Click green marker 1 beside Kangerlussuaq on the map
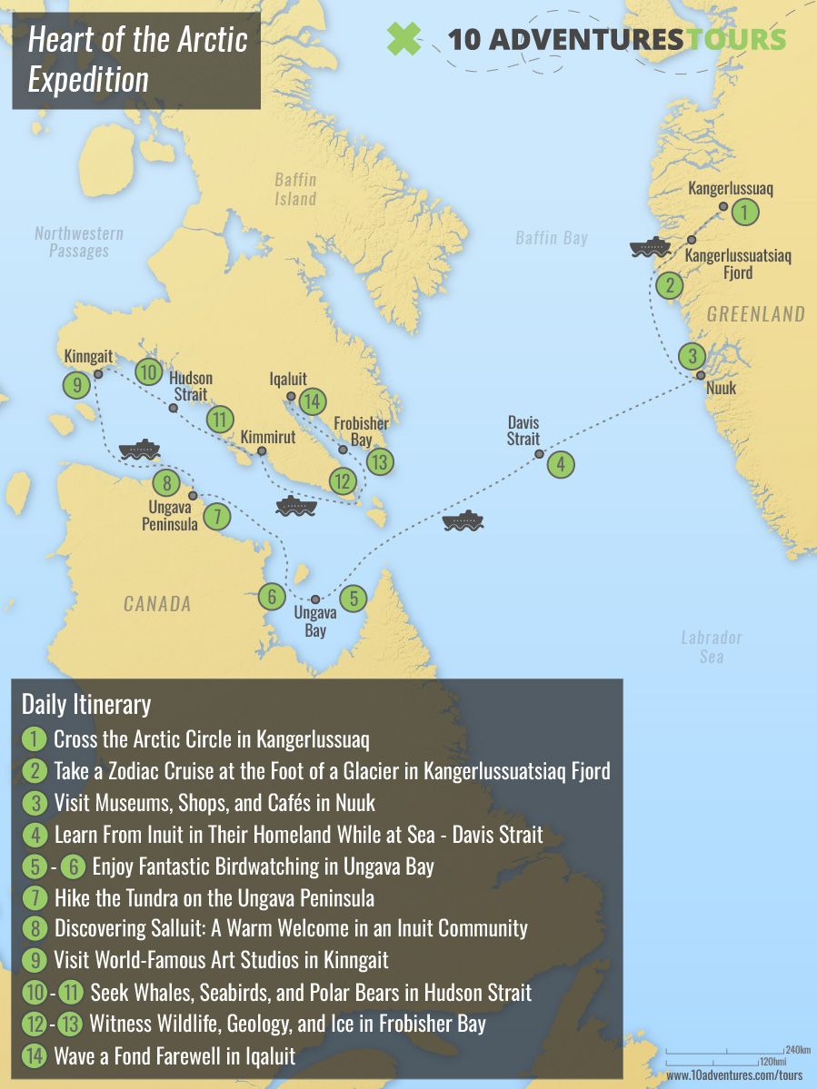(x=744, y=213)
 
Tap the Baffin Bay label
(x=551, y=238)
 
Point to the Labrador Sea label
(x=712, y=646)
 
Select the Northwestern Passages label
(x=78, y=242)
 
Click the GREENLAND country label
(x=755, y=314)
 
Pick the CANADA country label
(x=157, y=604)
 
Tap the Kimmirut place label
(x=268, y=437)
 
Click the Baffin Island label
(x=295, y=189)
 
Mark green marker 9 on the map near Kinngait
(x=77, y=385)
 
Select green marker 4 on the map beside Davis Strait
(x=561, y=464)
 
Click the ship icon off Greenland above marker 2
(x=650, y=248)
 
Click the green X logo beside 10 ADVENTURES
(x=404, y=38)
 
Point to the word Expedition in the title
(x=88, y=79)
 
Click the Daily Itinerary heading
(x=86, y=704)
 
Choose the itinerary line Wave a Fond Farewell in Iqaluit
(x=174, y=1056)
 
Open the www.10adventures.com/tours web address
(x=734, y=1074)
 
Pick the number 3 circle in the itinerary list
(x=34, y=803)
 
